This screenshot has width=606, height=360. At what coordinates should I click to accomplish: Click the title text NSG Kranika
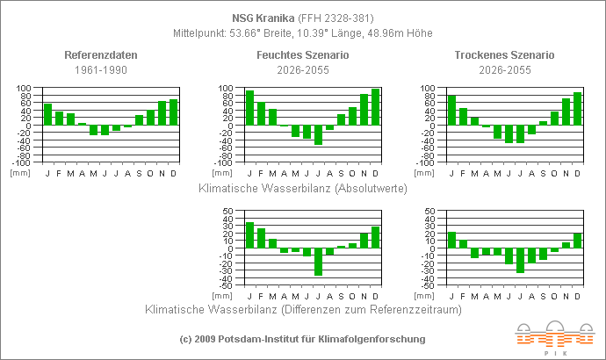coord(263,17)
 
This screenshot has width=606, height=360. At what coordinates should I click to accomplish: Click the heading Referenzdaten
coord(101,54)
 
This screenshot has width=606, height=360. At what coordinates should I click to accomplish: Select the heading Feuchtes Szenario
coord(302,54)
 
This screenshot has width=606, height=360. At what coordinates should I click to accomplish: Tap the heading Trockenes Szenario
coord(504,54)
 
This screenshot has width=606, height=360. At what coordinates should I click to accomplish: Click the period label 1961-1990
coord(101,69)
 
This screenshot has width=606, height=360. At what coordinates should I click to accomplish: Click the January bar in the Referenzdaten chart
coord(48,114)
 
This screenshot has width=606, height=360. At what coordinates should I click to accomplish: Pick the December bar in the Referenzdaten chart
coord(173,112)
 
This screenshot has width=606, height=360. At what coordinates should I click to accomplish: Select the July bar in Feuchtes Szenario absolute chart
coord(318,135)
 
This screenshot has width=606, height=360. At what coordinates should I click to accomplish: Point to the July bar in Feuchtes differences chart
coord(318,262)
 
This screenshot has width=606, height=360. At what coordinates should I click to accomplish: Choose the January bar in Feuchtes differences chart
coord(249,235)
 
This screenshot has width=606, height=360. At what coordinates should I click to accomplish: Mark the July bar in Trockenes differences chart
coord(520,261)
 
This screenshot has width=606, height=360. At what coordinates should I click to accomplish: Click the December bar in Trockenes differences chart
coord(577,241)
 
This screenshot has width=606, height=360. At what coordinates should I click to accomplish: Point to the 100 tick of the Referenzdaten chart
coord(24,88)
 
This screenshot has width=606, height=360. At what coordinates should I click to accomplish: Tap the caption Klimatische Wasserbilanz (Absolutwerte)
coord(302,188)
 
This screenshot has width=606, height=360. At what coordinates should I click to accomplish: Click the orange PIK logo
coord(554,336)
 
